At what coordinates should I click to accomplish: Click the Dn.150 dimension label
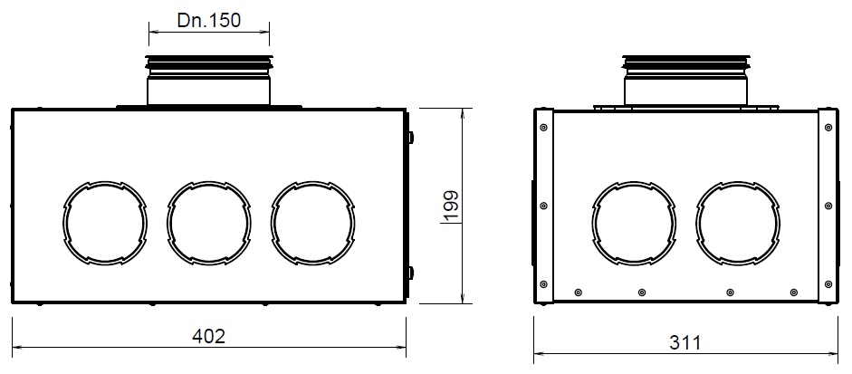(x=209, y=20)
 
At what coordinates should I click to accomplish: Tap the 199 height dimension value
(x=453, y=207)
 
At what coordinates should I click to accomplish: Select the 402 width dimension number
(x=209, y=335)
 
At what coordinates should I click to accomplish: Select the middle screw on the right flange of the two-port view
(x=828, y=206)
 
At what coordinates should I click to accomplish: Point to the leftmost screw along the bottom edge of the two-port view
(x=579, y=292)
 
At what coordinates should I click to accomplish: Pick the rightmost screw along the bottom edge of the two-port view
(x=793, y=292)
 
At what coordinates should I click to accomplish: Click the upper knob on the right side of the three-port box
(x=410, y=138)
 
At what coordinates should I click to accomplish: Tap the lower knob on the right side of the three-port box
(x=410, y=272)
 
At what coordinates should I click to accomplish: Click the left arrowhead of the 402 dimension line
(x=16, y=347)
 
